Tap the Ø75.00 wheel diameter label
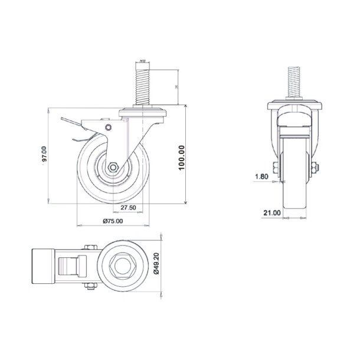pyautogui.click(x=113, y=221)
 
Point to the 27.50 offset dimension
pyautogui.click(x=129, y=208)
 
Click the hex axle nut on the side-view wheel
pyautogui.click(x=112, y=166)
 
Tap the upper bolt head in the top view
pyautogui.click(x=90, y=248)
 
